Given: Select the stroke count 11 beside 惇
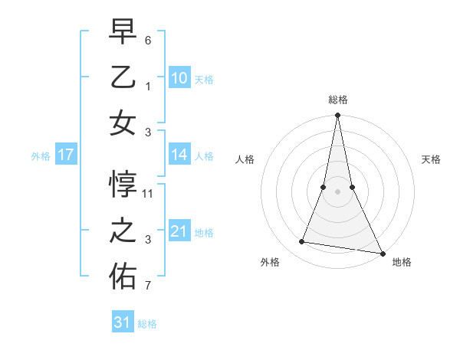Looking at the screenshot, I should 149,193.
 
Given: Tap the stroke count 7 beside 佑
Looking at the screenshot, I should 149,286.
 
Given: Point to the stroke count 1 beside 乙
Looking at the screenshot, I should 149,86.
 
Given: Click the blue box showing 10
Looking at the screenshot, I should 179,78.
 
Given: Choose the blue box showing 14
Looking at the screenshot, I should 179,155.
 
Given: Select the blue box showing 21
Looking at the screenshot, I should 179,231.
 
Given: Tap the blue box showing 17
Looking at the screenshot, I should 65,155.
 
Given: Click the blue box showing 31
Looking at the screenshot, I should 123,322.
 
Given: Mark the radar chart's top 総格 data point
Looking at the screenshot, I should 337,116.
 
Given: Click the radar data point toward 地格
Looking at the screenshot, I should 382,252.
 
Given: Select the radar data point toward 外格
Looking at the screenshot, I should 302,242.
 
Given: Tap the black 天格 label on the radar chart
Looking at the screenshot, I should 432,159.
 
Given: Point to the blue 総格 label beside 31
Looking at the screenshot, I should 147,324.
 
